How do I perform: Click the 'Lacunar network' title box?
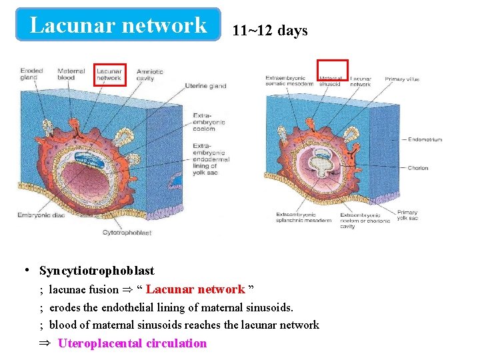point(119,25)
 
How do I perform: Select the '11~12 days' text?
point(270,31)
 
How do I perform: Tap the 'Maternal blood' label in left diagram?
point(71,74)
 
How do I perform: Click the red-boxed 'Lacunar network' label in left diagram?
point(109,74)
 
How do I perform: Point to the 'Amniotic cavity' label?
point(149,74)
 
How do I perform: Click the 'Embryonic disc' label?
point(41,215)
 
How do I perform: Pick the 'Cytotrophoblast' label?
point(127,233)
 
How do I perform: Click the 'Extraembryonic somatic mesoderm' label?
point(289,81)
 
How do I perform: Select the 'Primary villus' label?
point(402,79)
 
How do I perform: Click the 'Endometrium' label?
point(425,139)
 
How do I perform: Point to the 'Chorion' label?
point(418,168)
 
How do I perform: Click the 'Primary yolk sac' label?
point(407,215)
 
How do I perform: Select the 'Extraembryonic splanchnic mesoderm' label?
point(303,218)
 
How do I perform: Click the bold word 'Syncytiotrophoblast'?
point(97,271)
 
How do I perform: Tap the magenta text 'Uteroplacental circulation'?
point(132,343)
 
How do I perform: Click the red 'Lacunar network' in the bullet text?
point(195,289)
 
